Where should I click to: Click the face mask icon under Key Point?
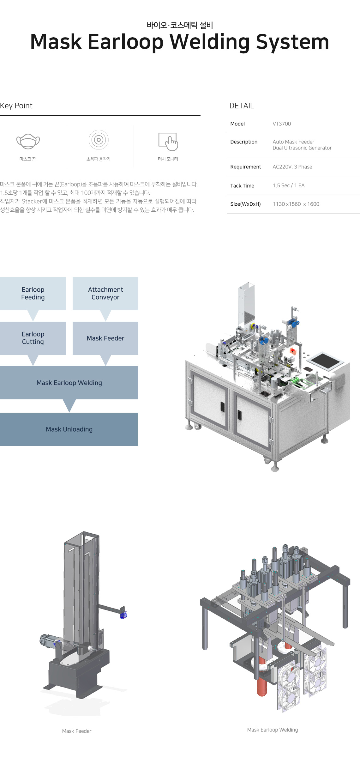coord(28,141)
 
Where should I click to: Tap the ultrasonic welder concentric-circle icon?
coord(99,140)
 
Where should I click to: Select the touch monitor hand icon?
coord(168,142)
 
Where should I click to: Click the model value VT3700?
coord(282,124)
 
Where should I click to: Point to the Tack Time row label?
coord(242,186)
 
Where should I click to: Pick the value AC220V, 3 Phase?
coord(292,167)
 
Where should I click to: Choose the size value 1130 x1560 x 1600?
coord(296,204)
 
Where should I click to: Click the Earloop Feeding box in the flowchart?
coord(33,294)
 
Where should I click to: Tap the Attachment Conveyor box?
coord(105,294)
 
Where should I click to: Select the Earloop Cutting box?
coord(33,338)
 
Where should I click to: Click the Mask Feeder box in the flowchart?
coord(105,338)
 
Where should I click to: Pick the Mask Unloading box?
coord(69,429)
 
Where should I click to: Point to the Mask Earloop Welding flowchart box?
coord(69,383)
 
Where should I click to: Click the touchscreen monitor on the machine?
coord(325,361)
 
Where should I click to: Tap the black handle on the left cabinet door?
coord(222,407)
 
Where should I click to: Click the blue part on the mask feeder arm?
coord(123,615)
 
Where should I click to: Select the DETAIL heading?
coord(242,106)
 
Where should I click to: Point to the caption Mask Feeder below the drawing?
coord(77,731)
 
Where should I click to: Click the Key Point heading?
coord(16,106)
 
